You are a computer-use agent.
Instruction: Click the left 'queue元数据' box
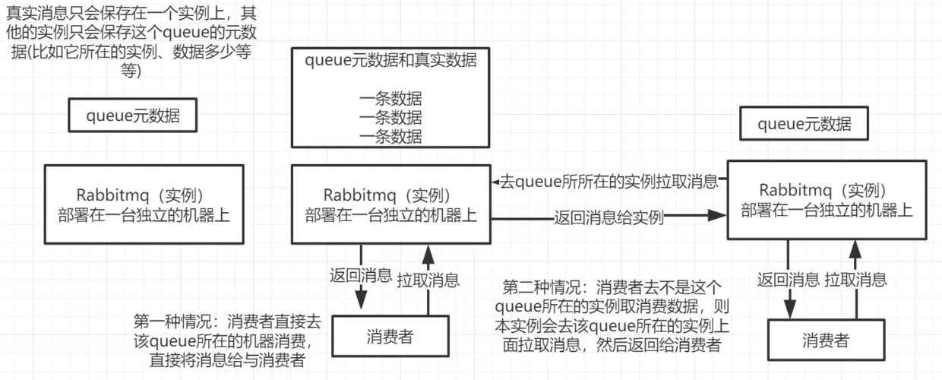[x=133, y=116]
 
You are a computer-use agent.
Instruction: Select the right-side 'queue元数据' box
[x=804, y=125]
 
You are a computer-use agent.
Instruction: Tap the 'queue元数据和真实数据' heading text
[x=390, y=61]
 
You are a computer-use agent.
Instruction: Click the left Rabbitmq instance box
[x=144, y=205]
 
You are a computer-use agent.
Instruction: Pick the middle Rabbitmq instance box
[x=390, y=205]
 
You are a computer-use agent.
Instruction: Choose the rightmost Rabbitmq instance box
[x=827, y=200]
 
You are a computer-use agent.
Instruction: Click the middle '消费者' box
[x=390, y=337]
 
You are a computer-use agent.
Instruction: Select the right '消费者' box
[x=826, y=340]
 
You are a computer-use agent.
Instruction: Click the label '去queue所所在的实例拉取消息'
[x=608, y=182]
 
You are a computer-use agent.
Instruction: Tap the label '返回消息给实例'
[x=609, y=218]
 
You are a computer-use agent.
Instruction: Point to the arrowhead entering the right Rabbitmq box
[x=717, y=217]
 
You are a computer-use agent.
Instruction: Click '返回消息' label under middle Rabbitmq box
[x=361, y=275]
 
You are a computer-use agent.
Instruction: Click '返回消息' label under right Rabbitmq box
[x=789, y=279]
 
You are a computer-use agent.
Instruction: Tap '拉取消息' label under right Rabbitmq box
[x=856, y=279]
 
